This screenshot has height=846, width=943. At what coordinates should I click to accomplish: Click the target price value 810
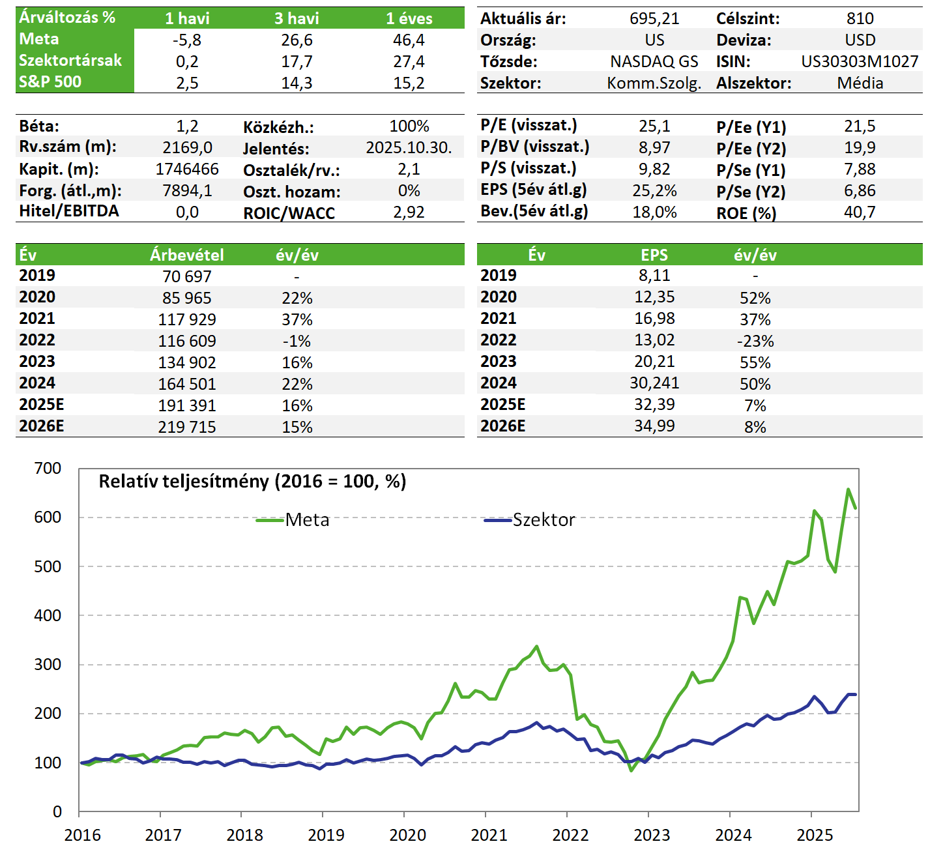tap(860, 18)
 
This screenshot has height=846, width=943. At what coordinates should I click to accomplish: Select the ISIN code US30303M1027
tap(860, 61)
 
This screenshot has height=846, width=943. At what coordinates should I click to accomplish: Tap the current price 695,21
tap(654, 18)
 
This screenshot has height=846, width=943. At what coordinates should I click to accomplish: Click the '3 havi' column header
tap(297, 18)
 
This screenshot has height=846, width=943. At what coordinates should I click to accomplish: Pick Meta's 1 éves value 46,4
tap(409, 40)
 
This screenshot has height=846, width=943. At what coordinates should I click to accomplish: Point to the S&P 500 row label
tap(50, 82)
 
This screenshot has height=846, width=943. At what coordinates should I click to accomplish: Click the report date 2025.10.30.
tap(409, 147)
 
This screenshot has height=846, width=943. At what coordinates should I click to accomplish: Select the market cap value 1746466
tap(187, 169)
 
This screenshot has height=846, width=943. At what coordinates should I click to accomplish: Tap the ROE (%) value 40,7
tap(860, 212)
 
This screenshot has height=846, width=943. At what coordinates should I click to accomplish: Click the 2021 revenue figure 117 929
tap(187, 319)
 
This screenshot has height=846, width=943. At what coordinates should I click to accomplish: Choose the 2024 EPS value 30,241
tap(654, 383)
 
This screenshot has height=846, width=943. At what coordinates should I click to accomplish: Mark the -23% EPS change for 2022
tap(755, 341)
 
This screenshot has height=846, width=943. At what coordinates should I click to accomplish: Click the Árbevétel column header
tap(187, 255)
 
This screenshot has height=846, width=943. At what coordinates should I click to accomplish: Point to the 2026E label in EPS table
tap(502, 426)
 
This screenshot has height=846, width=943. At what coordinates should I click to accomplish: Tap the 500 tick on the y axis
tap(48, 566)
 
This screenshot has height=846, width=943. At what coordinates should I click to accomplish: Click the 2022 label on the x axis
tap(570, 835)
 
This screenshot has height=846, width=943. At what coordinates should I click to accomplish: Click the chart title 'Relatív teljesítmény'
tap(252, 481)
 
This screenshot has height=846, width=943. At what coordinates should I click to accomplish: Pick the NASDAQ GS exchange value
tap(654, 61)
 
